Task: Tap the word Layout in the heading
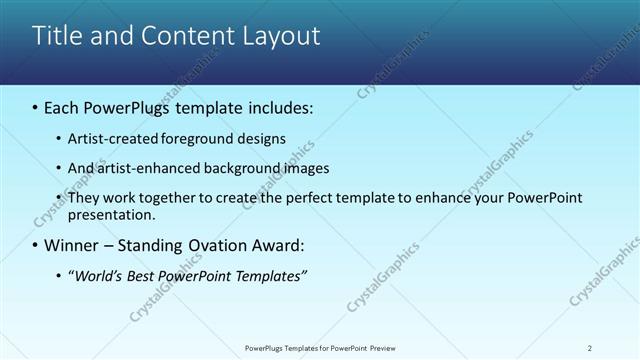pos(277,36)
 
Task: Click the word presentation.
pos(111,214)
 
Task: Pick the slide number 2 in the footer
pos(590,348)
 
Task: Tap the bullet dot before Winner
pos(36,245)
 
